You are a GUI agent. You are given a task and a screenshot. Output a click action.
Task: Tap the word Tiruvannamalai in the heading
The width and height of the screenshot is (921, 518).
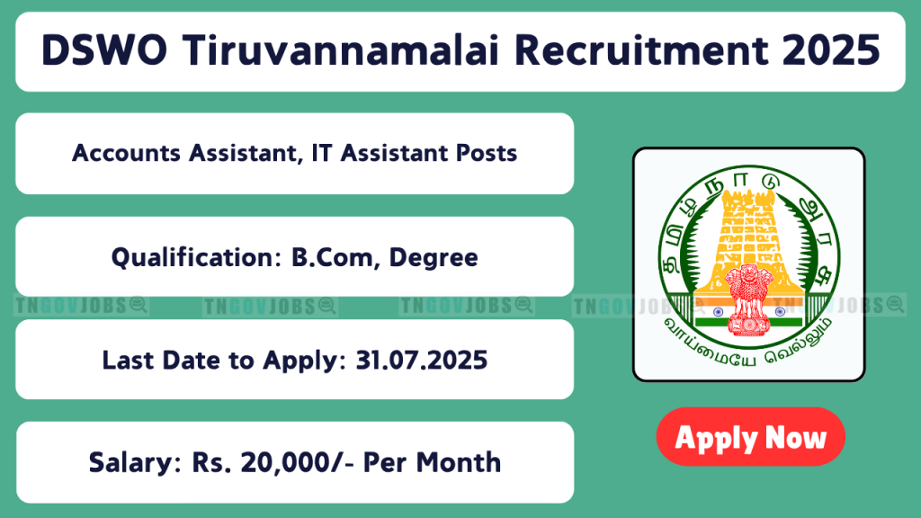[340, 50]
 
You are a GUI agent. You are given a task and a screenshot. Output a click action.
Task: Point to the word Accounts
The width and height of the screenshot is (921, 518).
[126, 153]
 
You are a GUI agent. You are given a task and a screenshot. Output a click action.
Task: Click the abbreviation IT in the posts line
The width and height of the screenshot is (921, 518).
[322, 153]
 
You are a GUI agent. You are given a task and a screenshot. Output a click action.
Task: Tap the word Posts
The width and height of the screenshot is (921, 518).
[487, 153]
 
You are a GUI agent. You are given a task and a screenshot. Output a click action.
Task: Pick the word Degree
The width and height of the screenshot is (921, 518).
[434, 258]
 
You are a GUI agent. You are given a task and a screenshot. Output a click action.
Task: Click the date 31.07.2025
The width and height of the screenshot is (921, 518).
[422, 360]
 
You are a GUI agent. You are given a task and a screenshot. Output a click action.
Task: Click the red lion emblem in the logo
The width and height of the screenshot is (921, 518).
[748, 300]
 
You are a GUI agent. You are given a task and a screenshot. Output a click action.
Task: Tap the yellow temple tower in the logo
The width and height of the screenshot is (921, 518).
[748, 241]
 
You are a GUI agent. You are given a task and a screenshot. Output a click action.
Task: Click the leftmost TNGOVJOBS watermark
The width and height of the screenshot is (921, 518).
[81, 306]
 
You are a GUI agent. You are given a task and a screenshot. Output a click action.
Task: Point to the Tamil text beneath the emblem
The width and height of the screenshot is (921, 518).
[747, 344]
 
